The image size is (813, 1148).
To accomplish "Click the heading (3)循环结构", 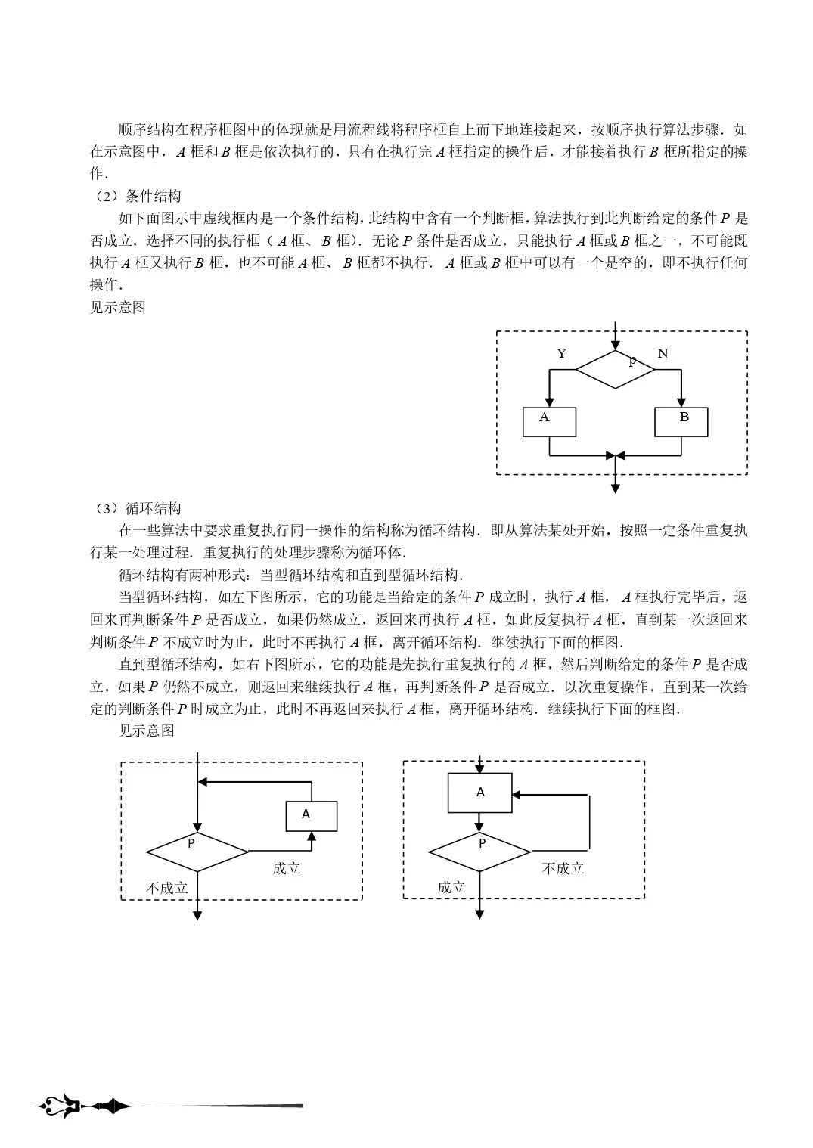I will [x=136, y=508].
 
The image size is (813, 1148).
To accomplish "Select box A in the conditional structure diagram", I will [x=549, y=422].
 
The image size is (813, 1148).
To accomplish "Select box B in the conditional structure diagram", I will [x=681, y=422].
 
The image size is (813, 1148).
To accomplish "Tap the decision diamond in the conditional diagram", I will [x=615, y=369].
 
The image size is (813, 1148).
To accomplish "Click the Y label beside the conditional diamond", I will [x=561, y=353].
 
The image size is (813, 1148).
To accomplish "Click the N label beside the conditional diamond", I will [x=663, y=353].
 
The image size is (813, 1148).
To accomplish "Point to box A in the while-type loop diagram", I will [x=311, y=816].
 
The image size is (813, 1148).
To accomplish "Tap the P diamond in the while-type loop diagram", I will [x=197, y=852].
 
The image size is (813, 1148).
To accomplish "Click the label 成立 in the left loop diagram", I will [x=287, y=869].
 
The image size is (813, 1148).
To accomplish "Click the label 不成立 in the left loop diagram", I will [x=166, y=888].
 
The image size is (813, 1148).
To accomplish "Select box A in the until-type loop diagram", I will [x=479, y=793].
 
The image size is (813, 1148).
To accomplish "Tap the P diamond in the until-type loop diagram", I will [x=479, y=852].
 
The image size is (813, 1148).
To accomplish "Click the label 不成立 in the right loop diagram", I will [x=563, y=869].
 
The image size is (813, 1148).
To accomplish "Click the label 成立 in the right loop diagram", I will [x=451, y=888].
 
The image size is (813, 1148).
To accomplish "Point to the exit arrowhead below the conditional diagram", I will [x=615, y=489].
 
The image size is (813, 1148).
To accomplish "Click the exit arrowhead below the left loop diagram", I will [x=197, y=915].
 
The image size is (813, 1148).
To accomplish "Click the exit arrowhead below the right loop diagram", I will [x=479, y=914].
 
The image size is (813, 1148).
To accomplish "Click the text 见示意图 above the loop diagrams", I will [x=147, y=731].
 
